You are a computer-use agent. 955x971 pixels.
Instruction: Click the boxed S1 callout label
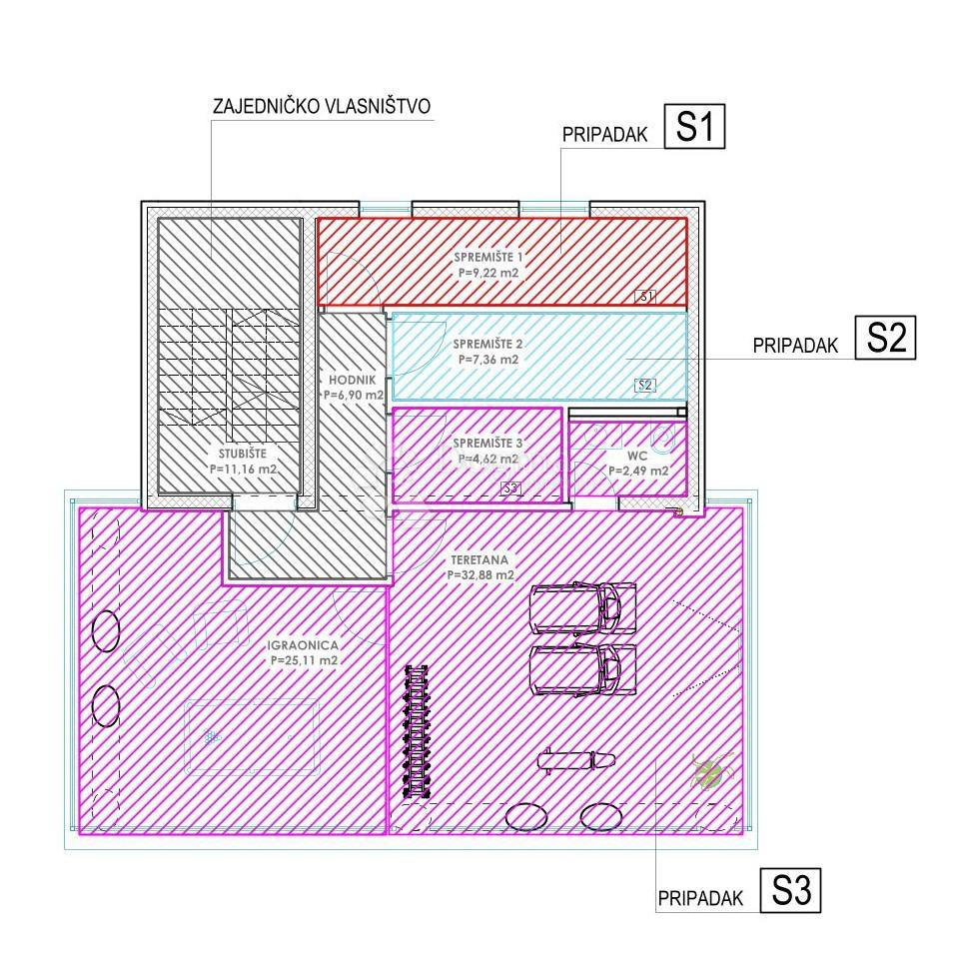tap(694, 128)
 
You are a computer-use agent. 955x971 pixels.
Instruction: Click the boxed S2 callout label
tap(885, 338)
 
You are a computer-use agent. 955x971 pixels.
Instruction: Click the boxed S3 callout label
tap(790, 890)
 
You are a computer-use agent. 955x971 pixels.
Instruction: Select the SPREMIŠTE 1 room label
tap(487, 258)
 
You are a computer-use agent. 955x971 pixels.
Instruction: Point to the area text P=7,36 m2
tap(487, 360)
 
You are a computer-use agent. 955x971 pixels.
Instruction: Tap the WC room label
tap(638, 456)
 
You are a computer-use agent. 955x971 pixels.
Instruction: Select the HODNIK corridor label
tap(353, 381)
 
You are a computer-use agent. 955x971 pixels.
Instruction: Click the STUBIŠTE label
tap(242, 452)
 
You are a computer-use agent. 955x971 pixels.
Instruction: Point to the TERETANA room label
tap(481, 561)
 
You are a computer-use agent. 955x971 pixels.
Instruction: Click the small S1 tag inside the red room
tap(646, 296)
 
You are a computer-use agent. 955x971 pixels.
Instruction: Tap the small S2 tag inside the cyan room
tap(645, 385)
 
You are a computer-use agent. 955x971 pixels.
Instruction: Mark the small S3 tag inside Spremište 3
tap(510, 488)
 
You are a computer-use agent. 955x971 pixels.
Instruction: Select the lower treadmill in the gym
tap(582, 669)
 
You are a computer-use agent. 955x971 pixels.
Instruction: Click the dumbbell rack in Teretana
tap(414, 730)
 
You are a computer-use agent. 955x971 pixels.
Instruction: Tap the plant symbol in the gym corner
tap(708, 771)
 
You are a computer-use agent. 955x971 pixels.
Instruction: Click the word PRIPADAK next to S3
tap(701, 898)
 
